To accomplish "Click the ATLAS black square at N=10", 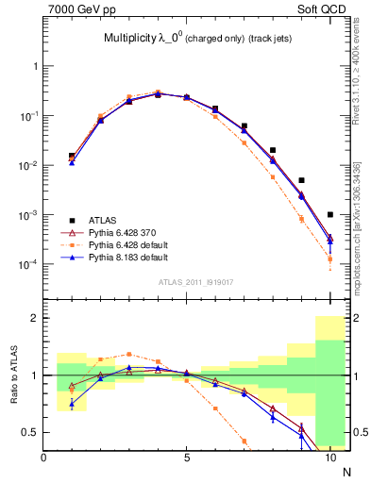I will (329, 214).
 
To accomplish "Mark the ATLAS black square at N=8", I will (273, 150).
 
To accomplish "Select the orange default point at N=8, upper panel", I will (273, 176).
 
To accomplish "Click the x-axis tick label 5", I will (187, 458).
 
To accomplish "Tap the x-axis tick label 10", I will (329, 458).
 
